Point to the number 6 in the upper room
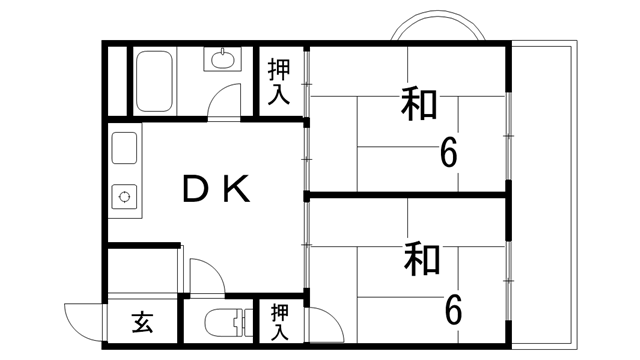click(449, 153)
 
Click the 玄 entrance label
click(142, 323)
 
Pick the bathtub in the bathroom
click(153, 81)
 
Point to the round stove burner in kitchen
click(126, 195)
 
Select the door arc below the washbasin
click(228, 102)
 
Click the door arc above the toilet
click(202, 275)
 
